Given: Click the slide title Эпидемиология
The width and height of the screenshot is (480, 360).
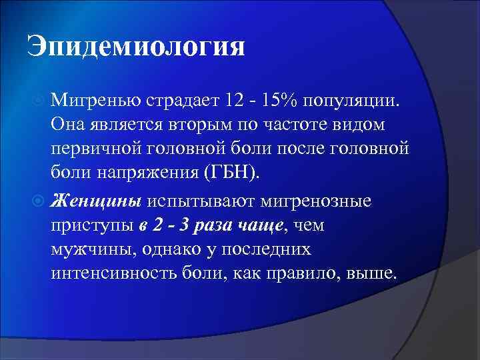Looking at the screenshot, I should click(136, 48).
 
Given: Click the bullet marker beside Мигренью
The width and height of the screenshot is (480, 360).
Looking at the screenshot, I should click(39, 101).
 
